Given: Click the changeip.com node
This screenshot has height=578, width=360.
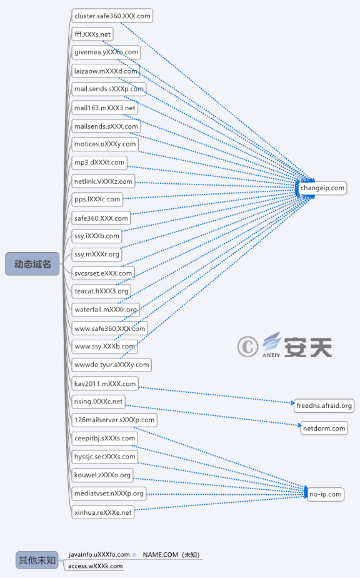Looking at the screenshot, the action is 322,188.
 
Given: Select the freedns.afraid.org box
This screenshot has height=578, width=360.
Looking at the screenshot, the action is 324,405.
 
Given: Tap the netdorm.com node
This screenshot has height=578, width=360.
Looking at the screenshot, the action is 324,428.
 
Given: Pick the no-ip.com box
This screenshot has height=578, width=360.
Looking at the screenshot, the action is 326,494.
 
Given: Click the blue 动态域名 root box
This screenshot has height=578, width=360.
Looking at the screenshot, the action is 32,264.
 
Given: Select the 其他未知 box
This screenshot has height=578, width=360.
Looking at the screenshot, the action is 37,560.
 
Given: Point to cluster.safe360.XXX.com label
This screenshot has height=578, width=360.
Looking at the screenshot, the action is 112,16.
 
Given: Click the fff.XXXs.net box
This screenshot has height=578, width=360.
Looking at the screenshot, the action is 92,34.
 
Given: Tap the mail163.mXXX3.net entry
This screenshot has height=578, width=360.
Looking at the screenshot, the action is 104,108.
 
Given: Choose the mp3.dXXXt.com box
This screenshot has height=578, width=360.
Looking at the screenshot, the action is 99,163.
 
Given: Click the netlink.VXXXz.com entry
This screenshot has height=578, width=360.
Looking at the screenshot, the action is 103,181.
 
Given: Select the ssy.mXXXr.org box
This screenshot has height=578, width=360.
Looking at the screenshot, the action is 96,255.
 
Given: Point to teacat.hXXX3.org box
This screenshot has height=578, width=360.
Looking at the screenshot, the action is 101,292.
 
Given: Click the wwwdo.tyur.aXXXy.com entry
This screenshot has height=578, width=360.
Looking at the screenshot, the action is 112,365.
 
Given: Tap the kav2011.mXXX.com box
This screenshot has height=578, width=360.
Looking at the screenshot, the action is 105,383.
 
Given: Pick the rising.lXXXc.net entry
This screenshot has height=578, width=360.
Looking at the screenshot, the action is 98,402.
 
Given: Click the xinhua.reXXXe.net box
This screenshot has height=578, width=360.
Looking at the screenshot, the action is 102,512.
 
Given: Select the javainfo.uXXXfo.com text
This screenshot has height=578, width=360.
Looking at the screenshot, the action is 99,554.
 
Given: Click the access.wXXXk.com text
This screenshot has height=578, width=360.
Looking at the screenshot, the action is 96,566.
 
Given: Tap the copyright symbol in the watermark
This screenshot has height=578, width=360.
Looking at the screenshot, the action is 247,347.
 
